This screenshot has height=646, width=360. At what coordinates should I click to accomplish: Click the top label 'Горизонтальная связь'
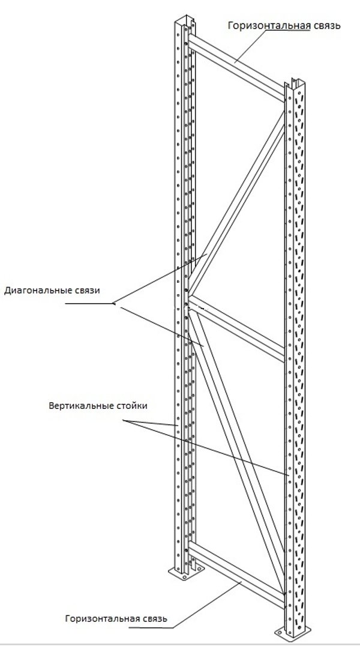[x=284, y=26]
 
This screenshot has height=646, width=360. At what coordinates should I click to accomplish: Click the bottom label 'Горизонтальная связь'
[x=116, y=618]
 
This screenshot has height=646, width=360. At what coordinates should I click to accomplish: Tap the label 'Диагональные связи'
[x=52, y=290]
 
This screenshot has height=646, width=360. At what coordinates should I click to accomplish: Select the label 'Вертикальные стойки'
[x=98, y=405]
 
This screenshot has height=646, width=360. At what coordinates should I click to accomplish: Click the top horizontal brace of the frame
[x=236, y=68]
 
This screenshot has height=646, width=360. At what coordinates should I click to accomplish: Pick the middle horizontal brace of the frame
[x=236, y=328]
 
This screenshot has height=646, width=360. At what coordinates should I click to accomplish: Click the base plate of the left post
[x=187, y=573]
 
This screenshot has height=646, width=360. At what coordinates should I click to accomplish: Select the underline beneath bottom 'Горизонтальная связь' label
[x=151, y=628]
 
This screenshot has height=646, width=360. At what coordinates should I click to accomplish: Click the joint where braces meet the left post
[x=188, y=304]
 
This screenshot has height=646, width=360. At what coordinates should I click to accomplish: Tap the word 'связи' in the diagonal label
[x=88, y=290]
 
